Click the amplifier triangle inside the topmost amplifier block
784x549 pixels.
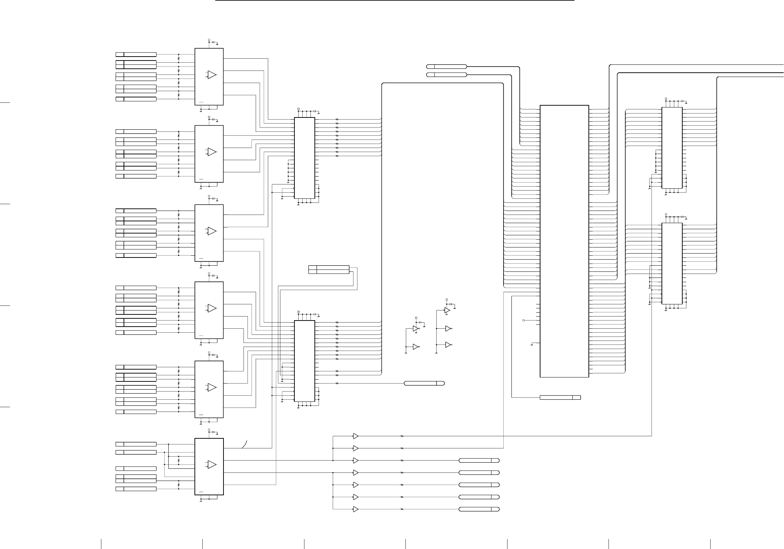[x=212, y=75]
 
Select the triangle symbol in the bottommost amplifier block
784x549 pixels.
[x=212, y=464]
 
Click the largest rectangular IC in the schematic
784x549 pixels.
[x=564, y=241]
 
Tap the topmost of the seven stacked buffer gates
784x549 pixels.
[x=356, y=436]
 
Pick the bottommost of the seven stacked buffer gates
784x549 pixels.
[x=356, y=509]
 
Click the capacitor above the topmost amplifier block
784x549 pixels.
[x=214, y=42]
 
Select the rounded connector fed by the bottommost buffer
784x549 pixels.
[x=479, y=509]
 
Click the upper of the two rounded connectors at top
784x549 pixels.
[x=447, y=66]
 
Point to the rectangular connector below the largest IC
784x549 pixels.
[x=560, y=397]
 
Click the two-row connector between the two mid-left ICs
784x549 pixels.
[x=329, y=270]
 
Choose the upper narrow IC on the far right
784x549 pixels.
[x=672, y=148]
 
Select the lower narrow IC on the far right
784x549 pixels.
[x=672, y=263]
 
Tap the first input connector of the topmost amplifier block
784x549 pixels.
[x=136, y=54]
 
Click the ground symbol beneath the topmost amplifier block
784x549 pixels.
[x=201, y=111]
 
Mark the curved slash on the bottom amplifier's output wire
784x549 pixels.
[x=245, y=444]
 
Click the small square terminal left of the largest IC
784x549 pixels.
[x=523, y=320]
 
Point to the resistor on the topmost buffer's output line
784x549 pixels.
[x=402, y=436]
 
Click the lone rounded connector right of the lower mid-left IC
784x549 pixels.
[x=424, y=383]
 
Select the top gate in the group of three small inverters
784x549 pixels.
[x=447, y=310]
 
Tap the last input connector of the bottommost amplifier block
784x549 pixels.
[x=136, y=489]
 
